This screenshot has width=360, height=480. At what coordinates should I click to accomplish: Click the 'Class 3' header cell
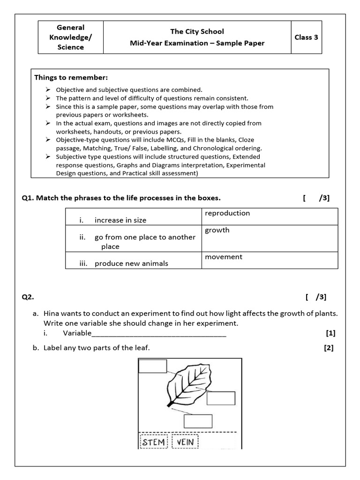[306, 37]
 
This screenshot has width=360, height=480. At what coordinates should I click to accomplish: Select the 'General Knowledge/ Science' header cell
[70, 37]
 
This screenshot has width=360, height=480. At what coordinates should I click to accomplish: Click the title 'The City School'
[197, 31]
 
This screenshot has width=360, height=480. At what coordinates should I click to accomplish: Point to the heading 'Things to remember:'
[71, 77]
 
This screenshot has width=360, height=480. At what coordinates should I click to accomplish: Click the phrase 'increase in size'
[120, 220]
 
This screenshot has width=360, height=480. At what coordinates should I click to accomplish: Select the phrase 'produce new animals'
[131, 263]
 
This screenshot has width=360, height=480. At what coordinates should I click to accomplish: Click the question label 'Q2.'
[28, 297]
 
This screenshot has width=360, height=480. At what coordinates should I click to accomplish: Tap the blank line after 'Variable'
[159, 334]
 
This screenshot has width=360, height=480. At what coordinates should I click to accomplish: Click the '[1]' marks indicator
[330, 333]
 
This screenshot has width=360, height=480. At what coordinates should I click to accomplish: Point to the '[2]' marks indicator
[328, 348]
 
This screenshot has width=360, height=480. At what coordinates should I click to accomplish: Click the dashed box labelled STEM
[154, 442]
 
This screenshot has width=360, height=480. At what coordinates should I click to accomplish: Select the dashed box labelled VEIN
[186, 442]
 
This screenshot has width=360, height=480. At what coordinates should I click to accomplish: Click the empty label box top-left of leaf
[153, 366]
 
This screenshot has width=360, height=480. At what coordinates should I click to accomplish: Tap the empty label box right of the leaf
[221, 398]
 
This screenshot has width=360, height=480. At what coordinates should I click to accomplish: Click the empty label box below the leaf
[198, 421]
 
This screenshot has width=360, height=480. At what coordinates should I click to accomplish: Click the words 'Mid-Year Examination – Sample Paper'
[197, 43]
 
